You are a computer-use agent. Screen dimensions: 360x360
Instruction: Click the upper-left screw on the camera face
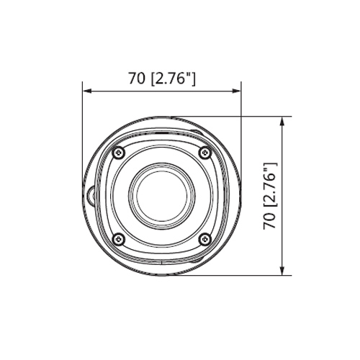117,152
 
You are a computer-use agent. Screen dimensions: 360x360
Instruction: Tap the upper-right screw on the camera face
204,152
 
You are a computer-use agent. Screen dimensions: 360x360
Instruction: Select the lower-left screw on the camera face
117,239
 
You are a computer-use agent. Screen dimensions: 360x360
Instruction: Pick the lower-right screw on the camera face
204,239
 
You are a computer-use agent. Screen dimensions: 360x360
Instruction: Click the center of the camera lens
161,196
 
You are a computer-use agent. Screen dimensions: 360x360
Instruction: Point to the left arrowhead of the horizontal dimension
87,91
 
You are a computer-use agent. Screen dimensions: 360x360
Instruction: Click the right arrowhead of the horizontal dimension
236,91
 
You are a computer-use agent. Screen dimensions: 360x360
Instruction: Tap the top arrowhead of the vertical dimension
282,121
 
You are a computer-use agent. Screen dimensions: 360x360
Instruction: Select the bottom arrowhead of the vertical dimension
282,271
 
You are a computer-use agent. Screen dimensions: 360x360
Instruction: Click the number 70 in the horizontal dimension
137,78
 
